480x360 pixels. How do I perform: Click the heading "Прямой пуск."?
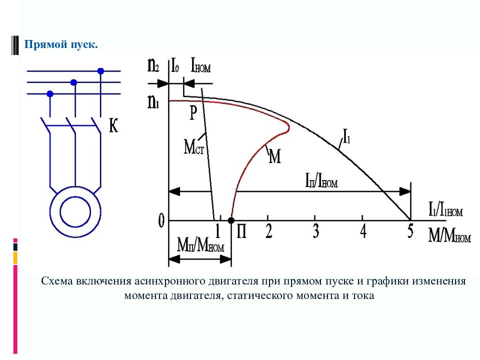(x=61, y=44)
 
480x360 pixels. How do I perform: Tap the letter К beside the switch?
(x=113, y=125)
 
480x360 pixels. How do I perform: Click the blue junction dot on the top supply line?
(x=100, y=71)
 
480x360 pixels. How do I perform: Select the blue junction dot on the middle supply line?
(x=73, y=82)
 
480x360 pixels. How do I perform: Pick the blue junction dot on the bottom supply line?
(x=50, y=93)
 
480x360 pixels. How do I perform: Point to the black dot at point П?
(x=231, y=220)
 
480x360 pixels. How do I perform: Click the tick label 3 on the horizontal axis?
(x=316, y=231)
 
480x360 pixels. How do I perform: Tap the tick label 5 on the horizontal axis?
(x=410, y=231)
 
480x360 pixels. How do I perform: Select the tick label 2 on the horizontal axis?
(x=268, y=231)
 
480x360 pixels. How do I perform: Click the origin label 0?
(x=161, y=220)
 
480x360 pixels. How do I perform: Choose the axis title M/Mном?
(x=449, y=236)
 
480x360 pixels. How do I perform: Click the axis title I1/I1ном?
(x=445, y=210)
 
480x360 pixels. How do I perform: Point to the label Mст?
(x=194, y=146)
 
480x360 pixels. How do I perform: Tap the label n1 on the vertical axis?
(x=153, y=101)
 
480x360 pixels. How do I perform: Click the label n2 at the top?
(x=153, y=65)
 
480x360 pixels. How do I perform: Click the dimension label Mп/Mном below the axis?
(x=200, y=245)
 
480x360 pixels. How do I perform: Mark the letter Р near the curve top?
(x=193, y=113)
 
